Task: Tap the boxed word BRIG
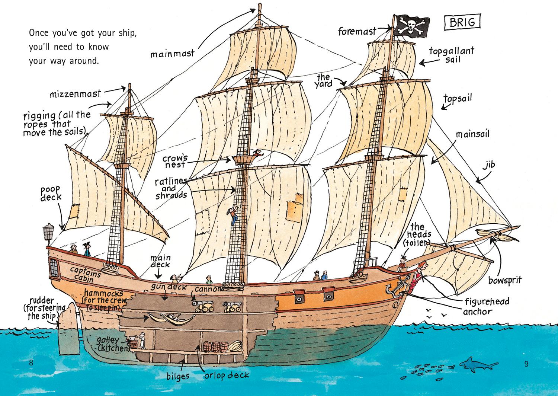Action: click(x=462, y=22)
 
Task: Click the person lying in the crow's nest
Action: click(x=257, y=153)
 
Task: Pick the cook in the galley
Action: click(x=142, y=340)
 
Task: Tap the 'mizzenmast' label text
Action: click(x=76, y=94)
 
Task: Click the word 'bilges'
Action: click(x=177, y=376)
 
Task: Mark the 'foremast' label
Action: click(x=357, y=31)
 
